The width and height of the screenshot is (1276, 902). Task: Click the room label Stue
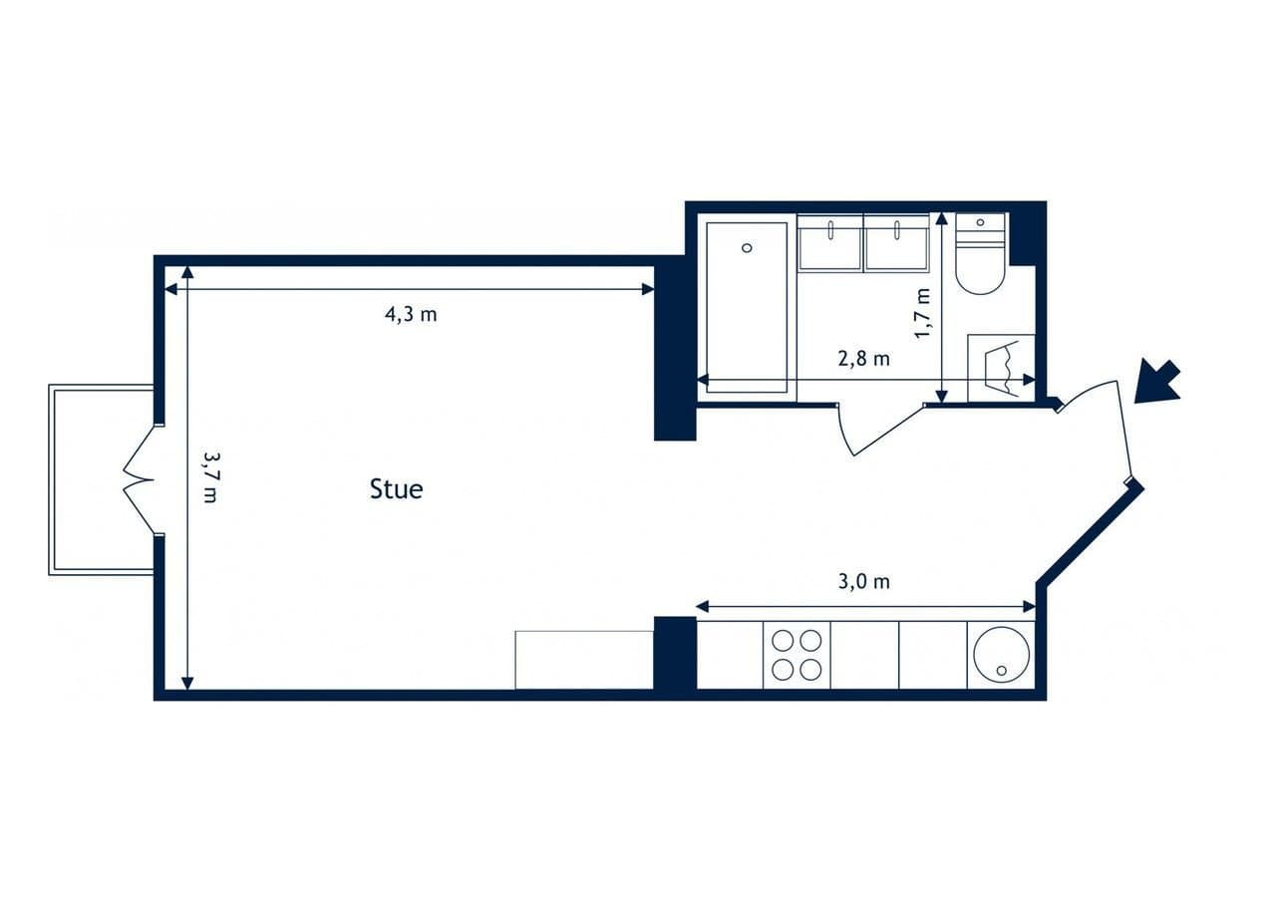click(x=396, y=489)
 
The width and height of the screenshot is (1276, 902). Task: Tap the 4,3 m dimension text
click(x=411, y=314)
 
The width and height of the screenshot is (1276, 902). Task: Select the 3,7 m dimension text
click(x=209, y=477)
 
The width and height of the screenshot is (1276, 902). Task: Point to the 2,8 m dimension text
click(x=863, y=358)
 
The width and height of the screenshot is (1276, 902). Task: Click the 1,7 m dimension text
click(x=922, y=314)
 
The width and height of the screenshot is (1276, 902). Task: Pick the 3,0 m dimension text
click(x=863, y=581)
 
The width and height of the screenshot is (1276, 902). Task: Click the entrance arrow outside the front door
click(x=1157, y=382)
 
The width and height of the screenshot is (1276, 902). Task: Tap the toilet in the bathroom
click(x=980, y=254)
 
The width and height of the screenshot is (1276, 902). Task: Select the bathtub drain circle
click(x=747, y=248)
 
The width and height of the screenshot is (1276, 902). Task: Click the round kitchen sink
click(x=1002, y=654)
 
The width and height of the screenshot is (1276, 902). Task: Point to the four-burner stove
click(x=797, y=656)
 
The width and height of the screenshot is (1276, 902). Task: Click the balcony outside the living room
click(x=102, y=479)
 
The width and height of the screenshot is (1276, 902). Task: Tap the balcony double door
click(x=140, y=479)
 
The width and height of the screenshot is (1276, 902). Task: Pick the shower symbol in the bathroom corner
click(x=1001, y=368)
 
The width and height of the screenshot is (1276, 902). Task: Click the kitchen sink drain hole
click(x=1002, y=671)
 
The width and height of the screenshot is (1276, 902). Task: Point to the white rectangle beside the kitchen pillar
click(x=584, y=660)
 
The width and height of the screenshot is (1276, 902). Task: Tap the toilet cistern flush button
click(x=980, y=222)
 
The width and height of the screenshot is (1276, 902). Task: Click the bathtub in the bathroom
click(x=747, y=308)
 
